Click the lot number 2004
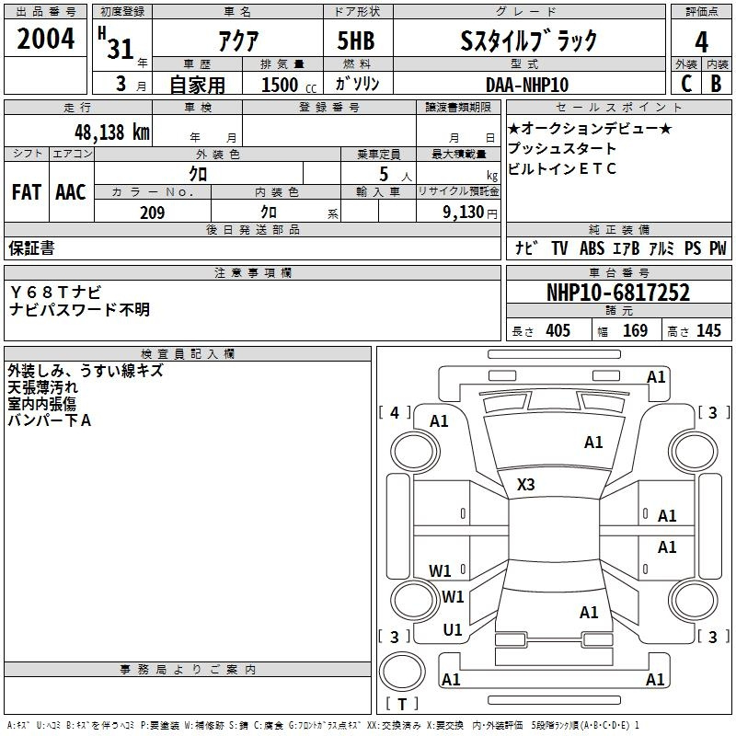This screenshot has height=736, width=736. tap(45, 39)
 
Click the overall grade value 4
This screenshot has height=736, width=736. tap(701, 42)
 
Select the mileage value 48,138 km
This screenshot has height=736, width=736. tap(111, 132)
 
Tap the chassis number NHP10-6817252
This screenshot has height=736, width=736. tap(618, 292)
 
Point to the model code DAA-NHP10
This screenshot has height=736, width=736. tap(527, 85)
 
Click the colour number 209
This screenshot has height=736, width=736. tap(152, 213)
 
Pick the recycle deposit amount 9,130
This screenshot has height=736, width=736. tap(463, 213)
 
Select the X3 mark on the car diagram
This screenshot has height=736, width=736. tap(525, 484)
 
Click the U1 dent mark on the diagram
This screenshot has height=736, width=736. tap(453, 629)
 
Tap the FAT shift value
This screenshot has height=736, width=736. tap(27, 192)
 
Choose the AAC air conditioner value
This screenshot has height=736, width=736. tap(71, 192)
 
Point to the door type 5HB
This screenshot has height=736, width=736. tap(356, 40)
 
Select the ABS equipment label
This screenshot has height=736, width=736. tap(592, 247)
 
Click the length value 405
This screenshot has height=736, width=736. tap(558, 330)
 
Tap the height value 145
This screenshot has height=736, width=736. tap(708, 330)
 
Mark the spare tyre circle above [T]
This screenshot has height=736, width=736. tap(402, 672)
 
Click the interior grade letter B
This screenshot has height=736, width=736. tap(716, 84)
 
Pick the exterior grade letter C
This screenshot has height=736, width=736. tap(686, 84)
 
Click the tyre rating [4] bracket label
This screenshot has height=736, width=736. tap(395, 412)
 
